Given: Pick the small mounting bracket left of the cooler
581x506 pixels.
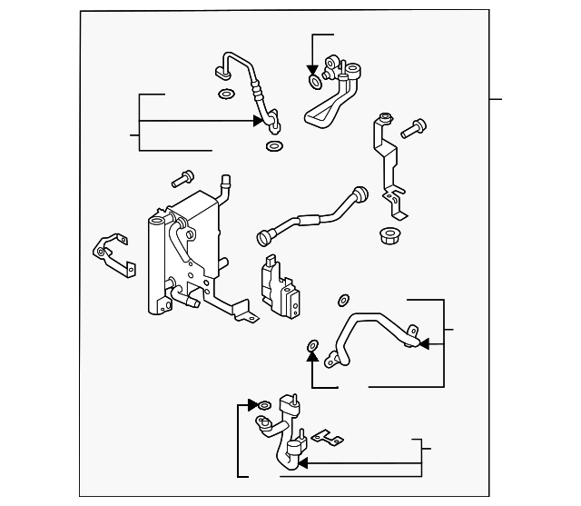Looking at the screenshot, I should point(112,252).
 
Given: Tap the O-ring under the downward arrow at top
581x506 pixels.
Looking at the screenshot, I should point(313,83).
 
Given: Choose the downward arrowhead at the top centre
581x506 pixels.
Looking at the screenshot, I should point(311,69).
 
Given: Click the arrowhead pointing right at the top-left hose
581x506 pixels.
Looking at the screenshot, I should point(259,120).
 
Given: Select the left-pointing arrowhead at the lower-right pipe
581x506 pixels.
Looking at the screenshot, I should point(423,344).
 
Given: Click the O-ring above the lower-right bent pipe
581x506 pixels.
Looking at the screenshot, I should point(343,300).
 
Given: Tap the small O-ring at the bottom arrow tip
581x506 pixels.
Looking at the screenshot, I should point(264,405).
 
